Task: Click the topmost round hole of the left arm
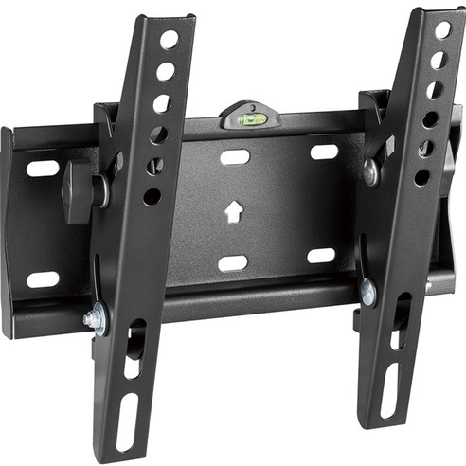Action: coord(169,41)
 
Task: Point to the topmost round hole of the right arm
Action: coord(441,30)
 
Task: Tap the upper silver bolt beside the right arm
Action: coord(369,173)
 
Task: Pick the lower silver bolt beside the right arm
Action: coord(367,293)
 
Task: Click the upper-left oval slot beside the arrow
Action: coord(235,156)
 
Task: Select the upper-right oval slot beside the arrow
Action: coord(324,152)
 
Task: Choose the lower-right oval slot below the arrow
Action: coord(321,256)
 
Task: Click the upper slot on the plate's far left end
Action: coord(43,169)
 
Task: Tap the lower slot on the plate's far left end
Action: coord(43,279)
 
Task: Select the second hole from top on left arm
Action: coord(165,71)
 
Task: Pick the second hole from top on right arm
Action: coord(438,61)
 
